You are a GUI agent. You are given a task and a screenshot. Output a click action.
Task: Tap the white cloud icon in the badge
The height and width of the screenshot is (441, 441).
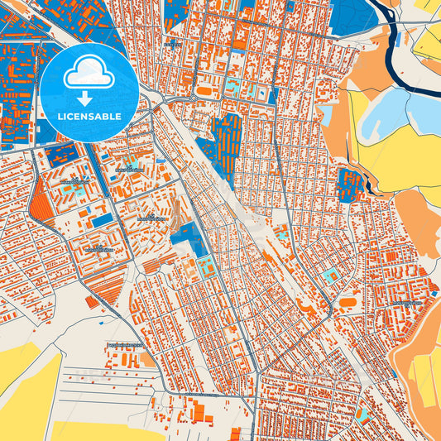(91, 74)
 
